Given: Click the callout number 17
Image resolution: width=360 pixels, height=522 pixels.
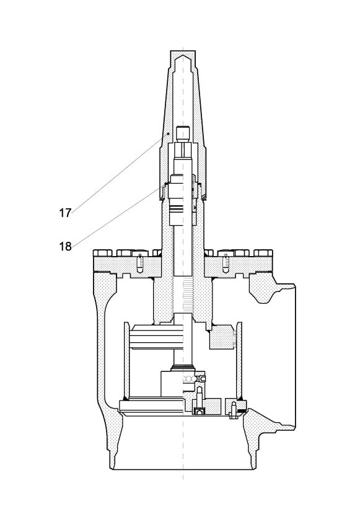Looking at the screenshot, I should click(x=65, y=213).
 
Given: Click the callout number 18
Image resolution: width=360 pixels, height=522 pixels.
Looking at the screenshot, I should click(x=65, y=247).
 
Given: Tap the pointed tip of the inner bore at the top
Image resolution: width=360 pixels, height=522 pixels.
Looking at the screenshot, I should click(x=183, y=57).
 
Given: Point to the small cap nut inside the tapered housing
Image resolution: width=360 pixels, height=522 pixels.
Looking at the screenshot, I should click(x=183, y=132).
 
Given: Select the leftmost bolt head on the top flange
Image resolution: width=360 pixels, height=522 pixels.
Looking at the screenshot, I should click(x=102, y=253).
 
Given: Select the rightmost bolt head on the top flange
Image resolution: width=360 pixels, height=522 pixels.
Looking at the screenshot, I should click(x=263, y=253).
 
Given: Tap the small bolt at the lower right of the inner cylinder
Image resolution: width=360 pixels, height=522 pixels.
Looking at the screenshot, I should click(x=234, y=409).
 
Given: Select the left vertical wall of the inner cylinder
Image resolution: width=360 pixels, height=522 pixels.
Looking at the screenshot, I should click(x=126, y=360).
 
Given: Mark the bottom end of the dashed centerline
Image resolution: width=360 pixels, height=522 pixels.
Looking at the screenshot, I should click(x=183, y=479).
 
